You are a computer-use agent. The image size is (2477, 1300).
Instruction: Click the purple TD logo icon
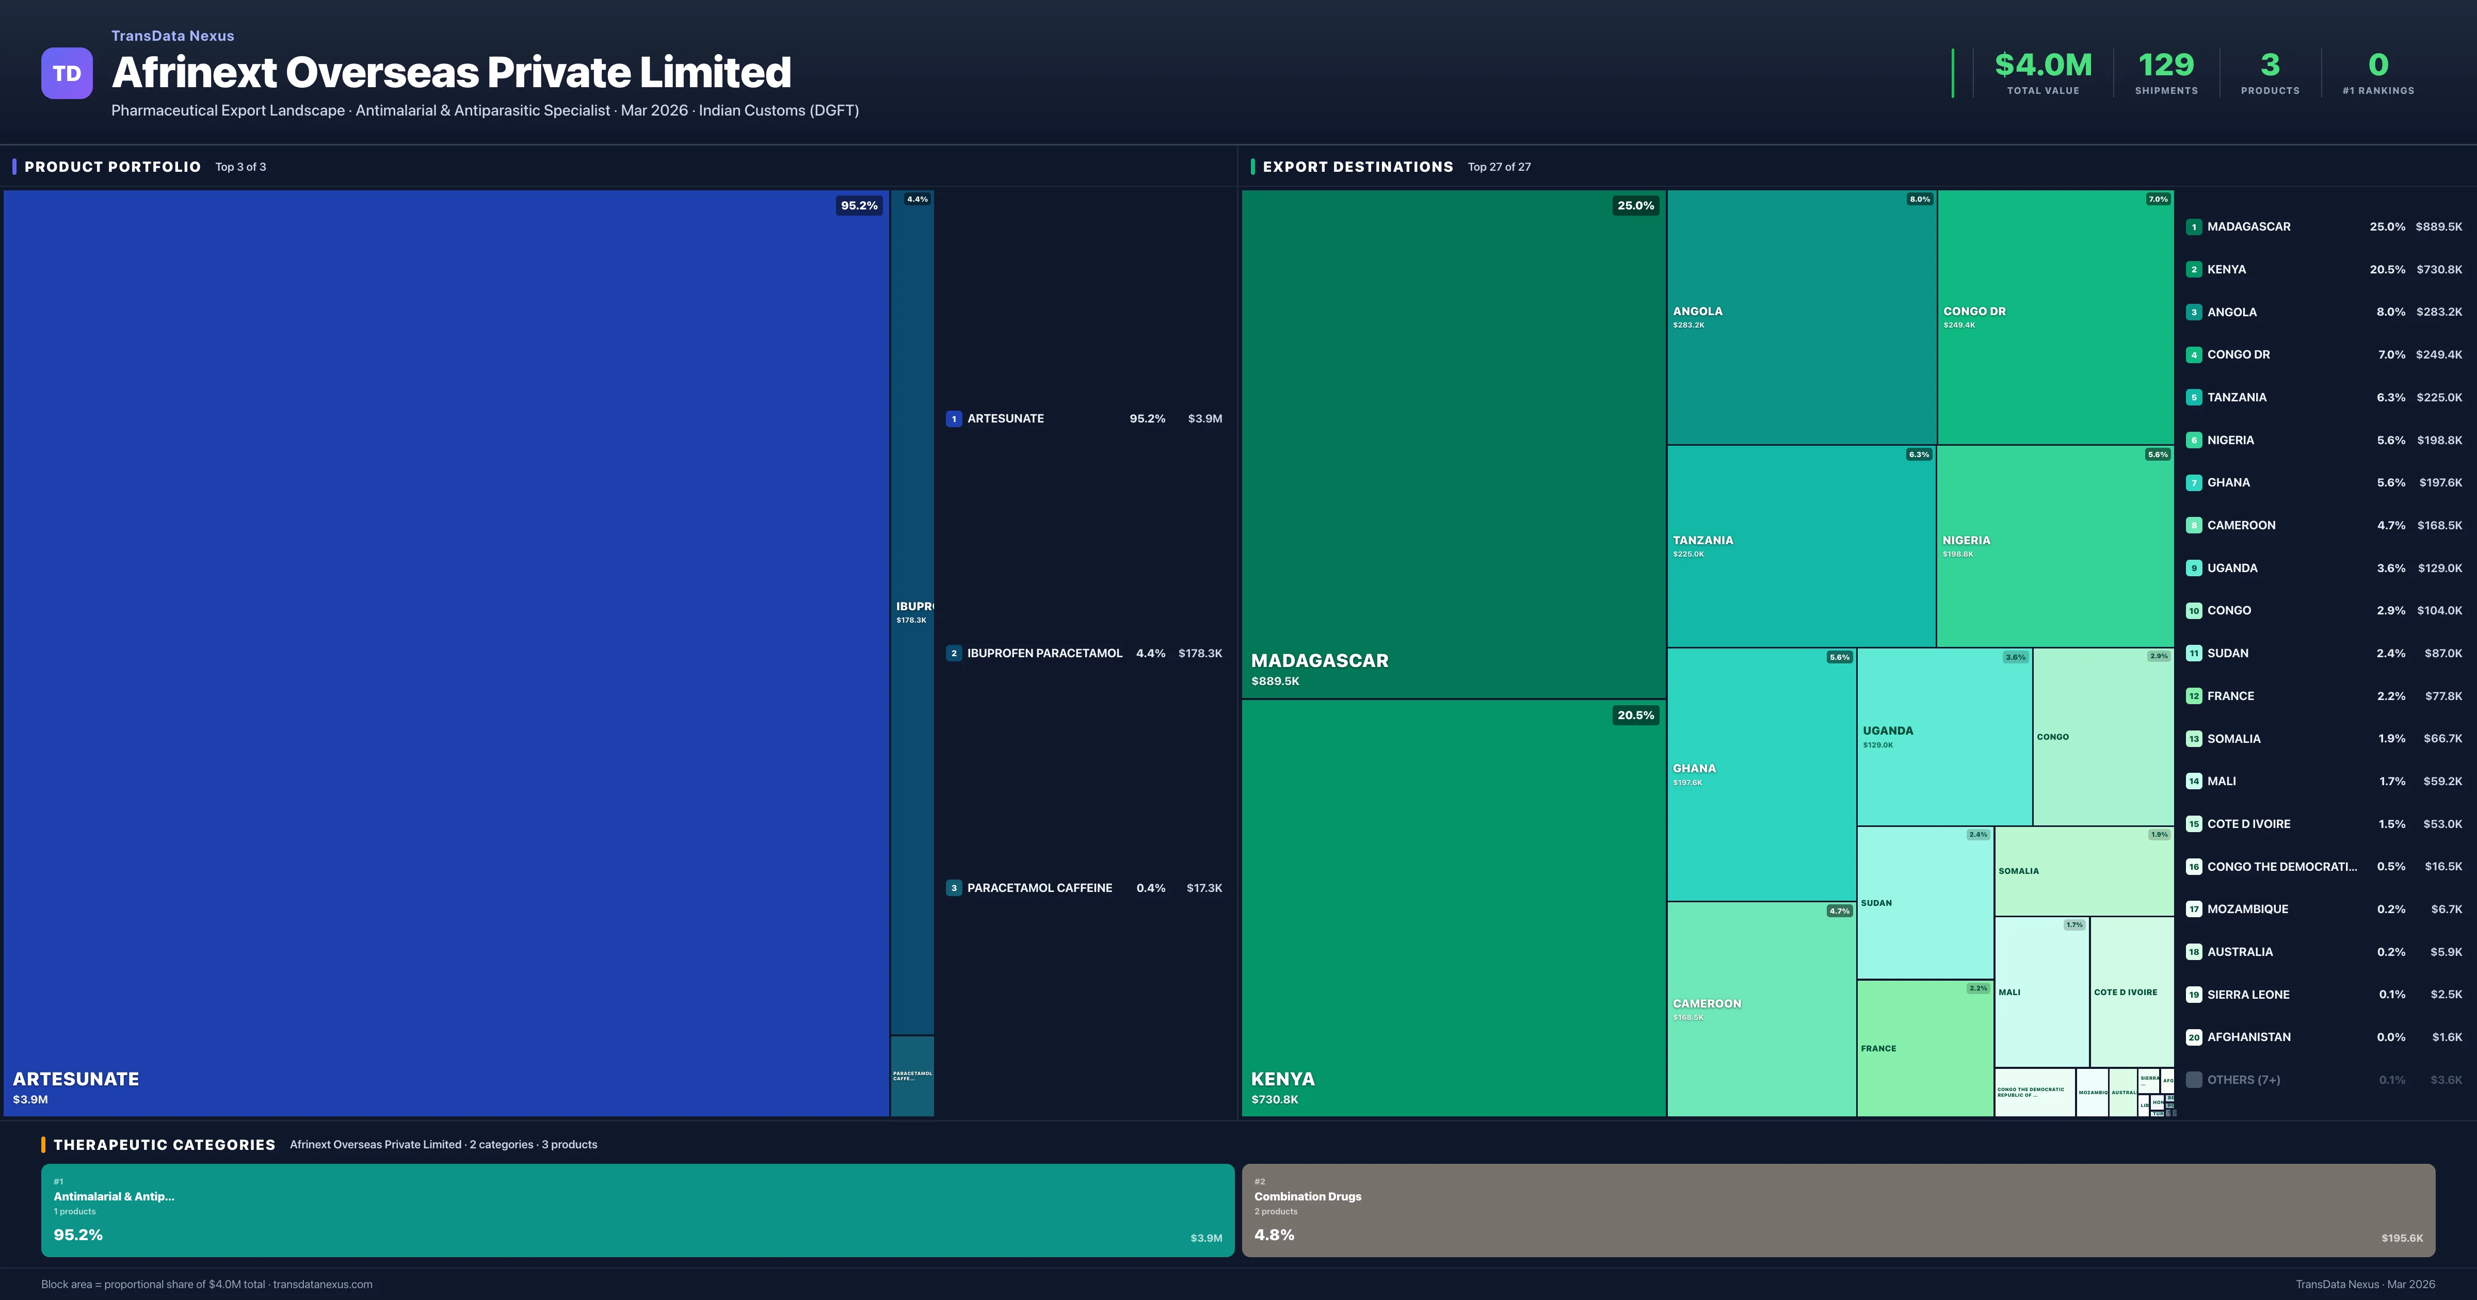[67, 73]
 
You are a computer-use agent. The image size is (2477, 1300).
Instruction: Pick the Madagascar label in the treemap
[1320, 661]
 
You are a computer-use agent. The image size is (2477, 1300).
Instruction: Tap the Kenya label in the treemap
[1283, 1079]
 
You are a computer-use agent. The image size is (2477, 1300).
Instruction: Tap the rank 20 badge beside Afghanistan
[2193, 1037]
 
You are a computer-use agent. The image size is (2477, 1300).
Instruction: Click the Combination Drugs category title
[1307, 1196]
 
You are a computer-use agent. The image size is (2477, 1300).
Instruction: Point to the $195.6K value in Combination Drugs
[2401, 1239]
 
